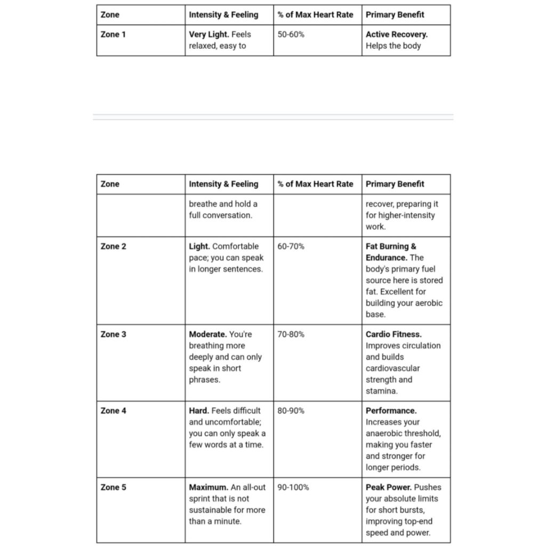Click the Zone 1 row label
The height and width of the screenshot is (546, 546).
113,34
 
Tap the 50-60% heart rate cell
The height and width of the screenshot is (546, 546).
291,34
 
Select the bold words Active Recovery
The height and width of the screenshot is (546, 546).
396,34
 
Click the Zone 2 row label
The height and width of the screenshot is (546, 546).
113,246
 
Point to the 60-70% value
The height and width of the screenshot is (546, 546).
291,246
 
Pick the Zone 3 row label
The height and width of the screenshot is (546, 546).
113,334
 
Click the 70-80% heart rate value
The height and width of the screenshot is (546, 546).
291,334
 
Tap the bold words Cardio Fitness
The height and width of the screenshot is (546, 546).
394,334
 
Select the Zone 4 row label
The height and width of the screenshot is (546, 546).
113,411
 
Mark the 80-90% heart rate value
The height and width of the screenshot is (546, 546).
291,411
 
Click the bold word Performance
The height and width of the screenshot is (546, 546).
391,411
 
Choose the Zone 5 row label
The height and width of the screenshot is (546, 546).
113,487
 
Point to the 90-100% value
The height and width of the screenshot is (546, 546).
293,487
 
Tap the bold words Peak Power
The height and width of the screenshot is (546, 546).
389,487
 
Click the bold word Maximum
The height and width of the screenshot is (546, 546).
208,487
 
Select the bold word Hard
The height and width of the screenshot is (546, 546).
199,411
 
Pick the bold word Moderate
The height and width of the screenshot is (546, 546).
208,334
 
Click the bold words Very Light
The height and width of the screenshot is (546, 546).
208,34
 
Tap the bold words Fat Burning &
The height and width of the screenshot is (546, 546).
391,246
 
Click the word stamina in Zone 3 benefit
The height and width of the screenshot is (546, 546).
381,391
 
